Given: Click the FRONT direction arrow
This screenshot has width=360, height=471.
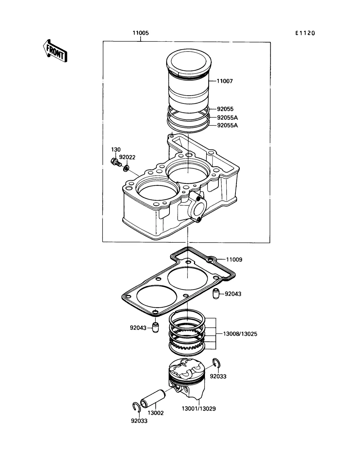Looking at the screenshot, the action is tap(55, 51).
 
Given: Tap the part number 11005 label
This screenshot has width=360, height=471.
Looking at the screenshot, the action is tap(141, 33).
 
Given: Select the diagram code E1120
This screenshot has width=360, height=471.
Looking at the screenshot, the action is tap(305, 33).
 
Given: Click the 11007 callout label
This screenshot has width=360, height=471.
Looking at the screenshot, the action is tap(225, 81).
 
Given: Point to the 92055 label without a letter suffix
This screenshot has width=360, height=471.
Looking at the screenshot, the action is tap(225, 109).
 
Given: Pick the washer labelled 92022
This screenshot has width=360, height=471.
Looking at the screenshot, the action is tap(126, 168).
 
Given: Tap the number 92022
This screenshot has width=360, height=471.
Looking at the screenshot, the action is tap(127, 157).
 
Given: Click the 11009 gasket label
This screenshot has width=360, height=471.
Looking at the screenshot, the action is tap(234, 259).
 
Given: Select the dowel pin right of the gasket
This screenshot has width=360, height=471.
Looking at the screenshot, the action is tap(216, 294).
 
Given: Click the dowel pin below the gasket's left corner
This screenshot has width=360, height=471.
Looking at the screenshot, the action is tap(155, 328).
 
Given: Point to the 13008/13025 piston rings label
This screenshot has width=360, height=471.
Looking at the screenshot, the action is tap(240, 334).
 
